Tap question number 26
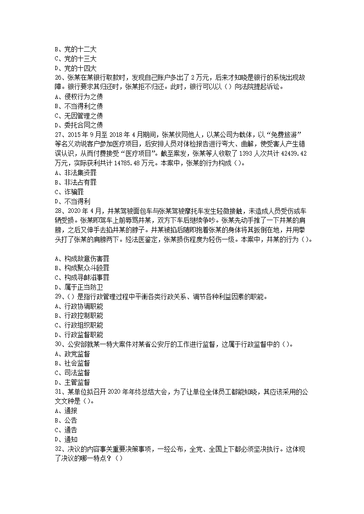click(x=58, y=78)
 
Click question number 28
click(x=58, y=211)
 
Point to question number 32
click(x=58, y=449)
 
